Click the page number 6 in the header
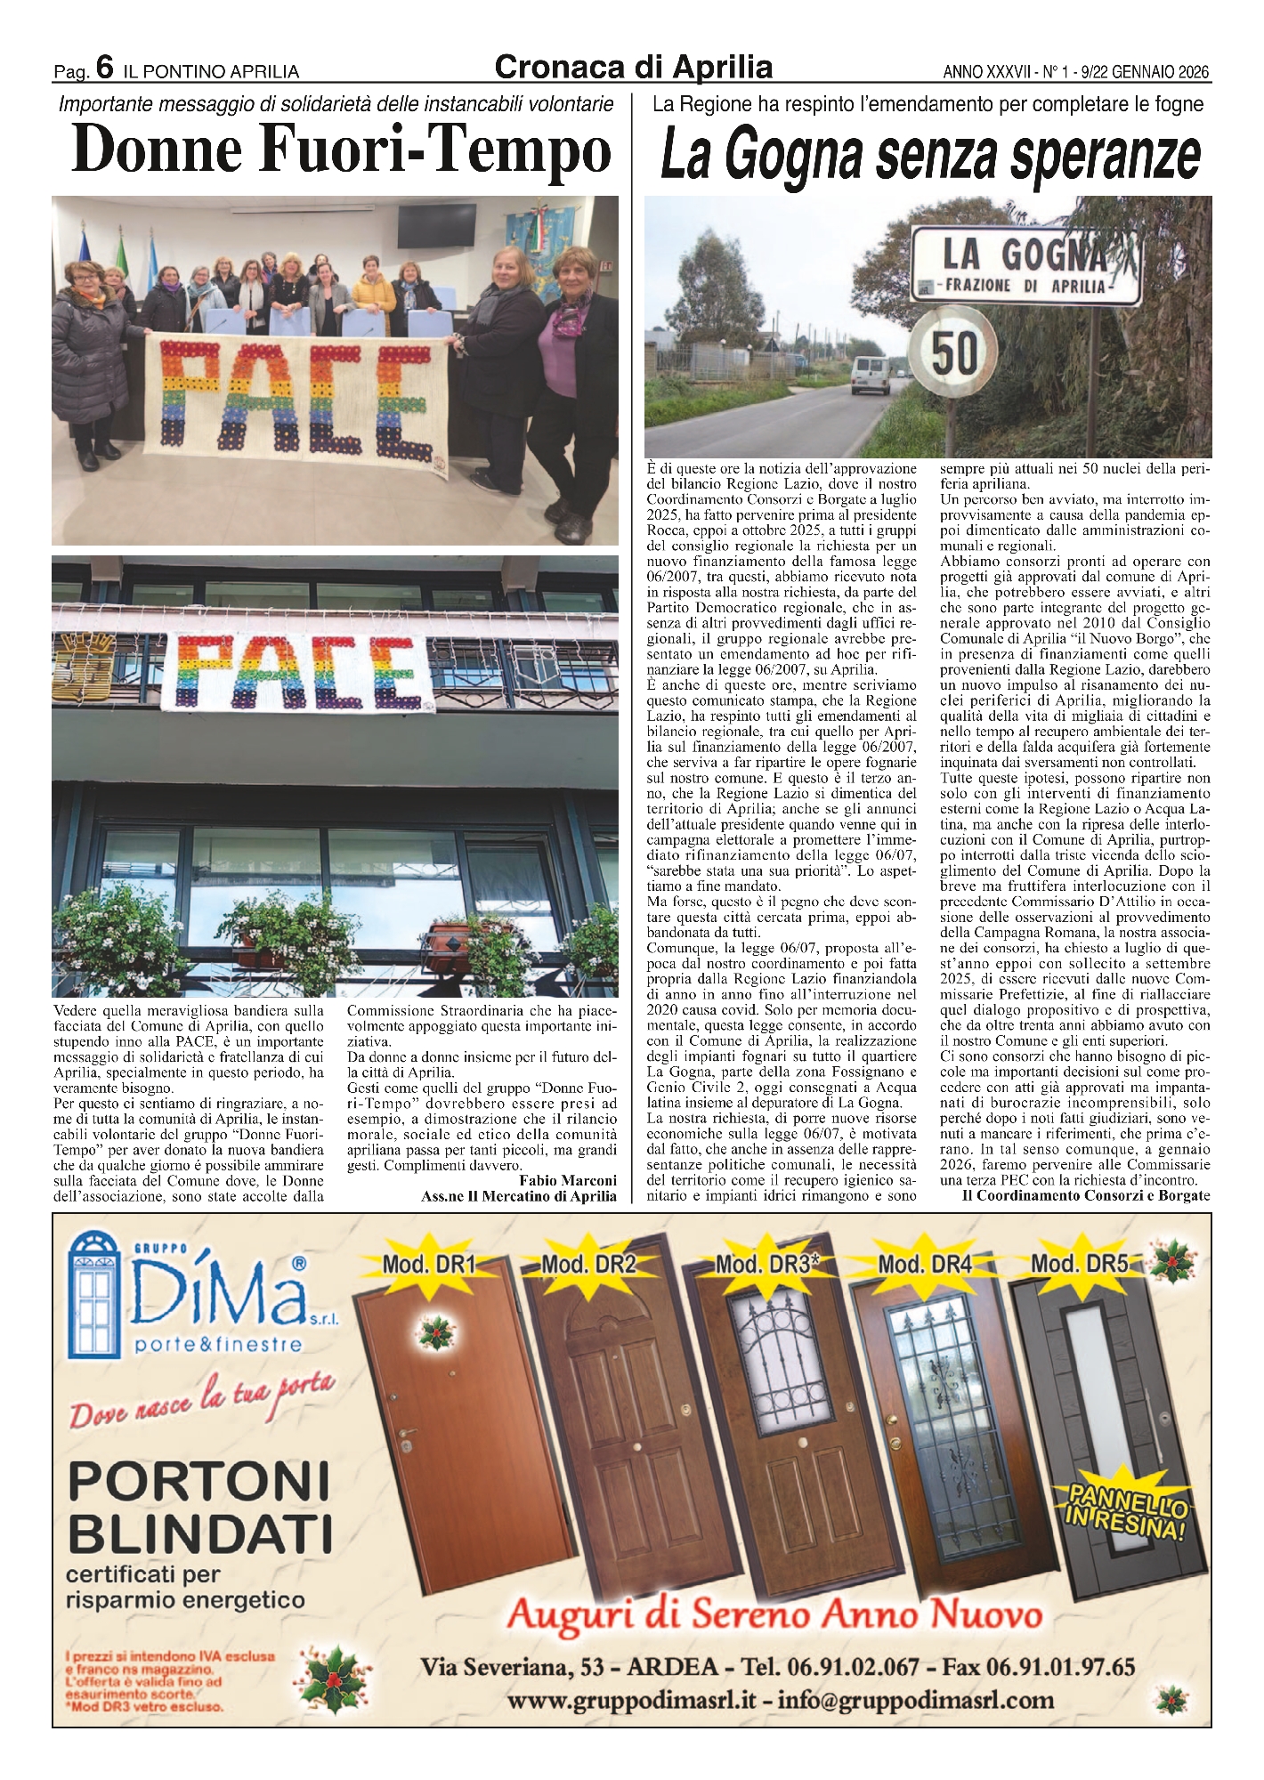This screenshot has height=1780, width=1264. (x=103, y=69)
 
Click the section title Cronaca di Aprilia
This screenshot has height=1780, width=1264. (x=633, y=67)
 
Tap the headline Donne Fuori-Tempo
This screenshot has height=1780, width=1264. (x=342, y=150)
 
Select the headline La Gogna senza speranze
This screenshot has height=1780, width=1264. (x=929, y=156)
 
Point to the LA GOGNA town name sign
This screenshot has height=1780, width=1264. (x=1025, y=263)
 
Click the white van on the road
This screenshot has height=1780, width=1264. (x=870, y=375)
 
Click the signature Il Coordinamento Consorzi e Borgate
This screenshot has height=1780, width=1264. (x=1086, y=1195)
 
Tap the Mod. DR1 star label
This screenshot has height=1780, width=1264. (x=428, y=1264)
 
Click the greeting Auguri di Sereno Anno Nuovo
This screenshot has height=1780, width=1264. (x=774, y=1614)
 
